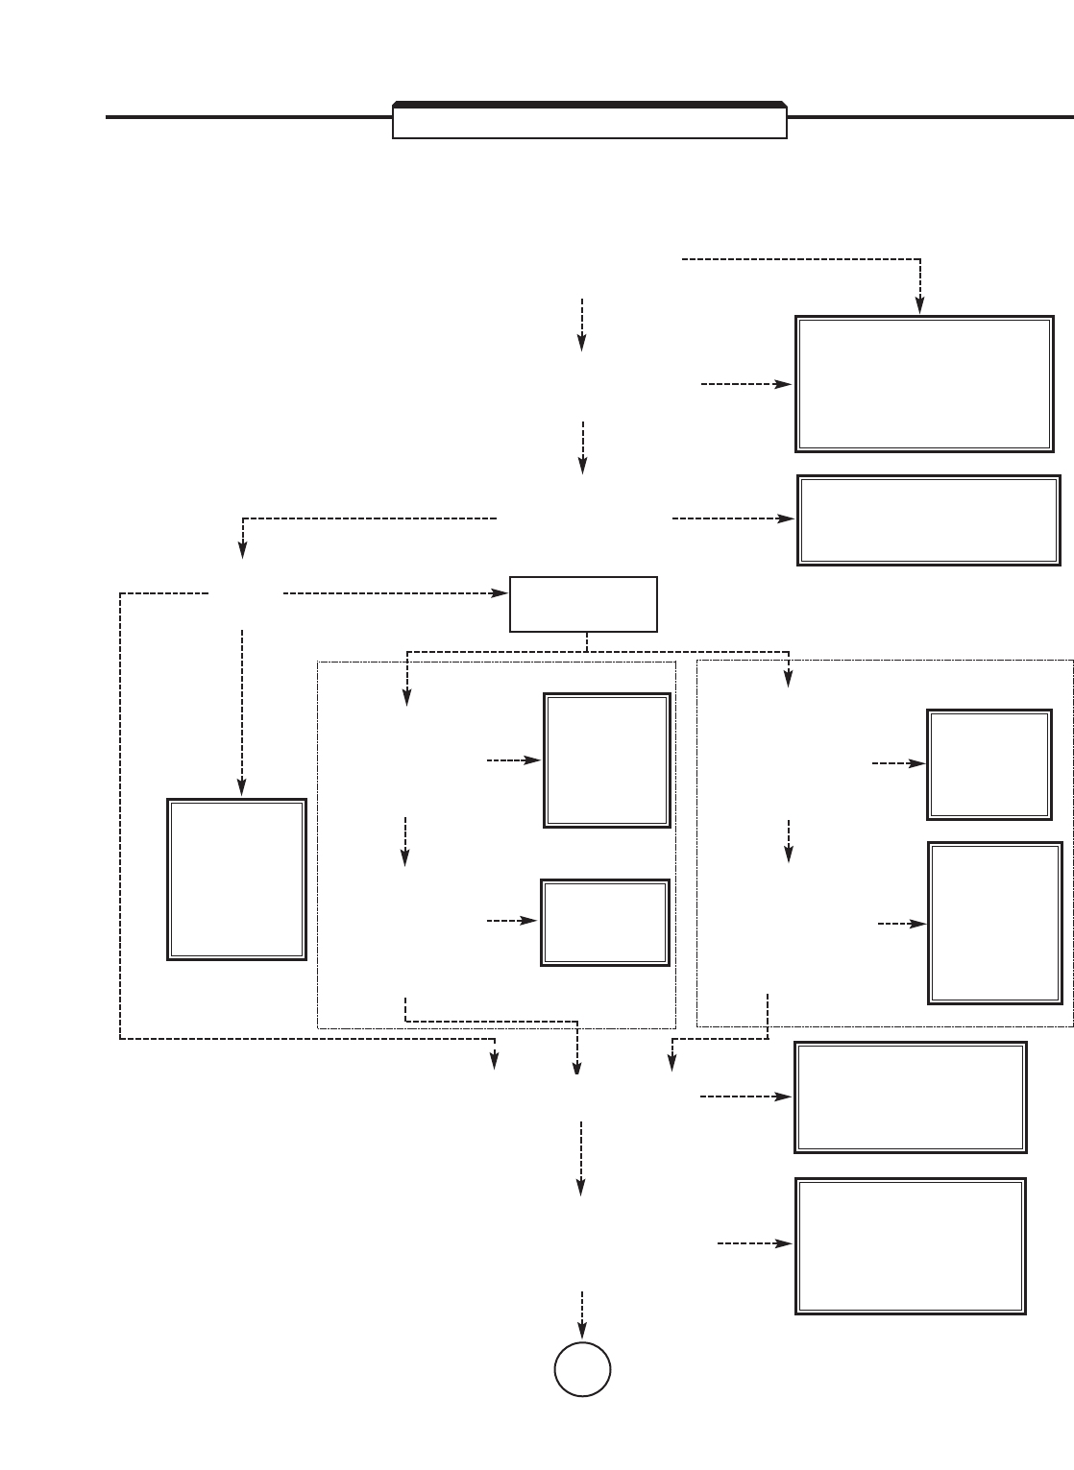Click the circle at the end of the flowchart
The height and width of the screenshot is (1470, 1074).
click(x=582, y=1368)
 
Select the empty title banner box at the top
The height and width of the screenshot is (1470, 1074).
click(x=590, y=123)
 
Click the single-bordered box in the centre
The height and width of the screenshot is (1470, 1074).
click(x=583, y=604)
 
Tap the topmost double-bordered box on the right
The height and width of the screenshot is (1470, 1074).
click(x=924, y=383)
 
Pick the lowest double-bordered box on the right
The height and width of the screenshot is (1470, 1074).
click(x=911, y=1245)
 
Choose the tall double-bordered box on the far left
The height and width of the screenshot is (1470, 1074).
click(x=237, y=879)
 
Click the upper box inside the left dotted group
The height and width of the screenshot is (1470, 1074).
click(x=606, y=759)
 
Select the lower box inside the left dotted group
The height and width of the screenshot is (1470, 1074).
click(x=605, y=922)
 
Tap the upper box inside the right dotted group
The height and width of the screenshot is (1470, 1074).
click(x=989, y=764)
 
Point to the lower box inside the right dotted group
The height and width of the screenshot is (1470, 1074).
click(x=995, y=923)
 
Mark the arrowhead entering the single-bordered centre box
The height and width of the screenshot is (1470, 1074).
click(x=501, y=593)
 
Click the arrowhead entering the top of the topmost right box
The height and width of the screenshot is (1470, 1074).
click(x=920, y=306)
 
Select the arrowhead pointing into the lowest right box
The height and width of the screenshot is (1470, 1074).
click(x=786, y=1243)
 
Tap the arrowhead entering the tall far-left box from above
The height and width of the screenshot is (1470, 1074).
click(x=242, y=788)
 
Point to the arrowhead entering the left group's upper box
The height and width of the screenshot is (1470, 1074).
click(x=535, y=760)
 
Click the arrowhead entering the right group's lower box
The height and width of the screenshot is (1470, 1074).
click(x=920, y=924)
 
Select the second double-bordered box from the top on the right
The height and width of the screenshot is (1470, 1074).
click(x=928, y=519)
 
